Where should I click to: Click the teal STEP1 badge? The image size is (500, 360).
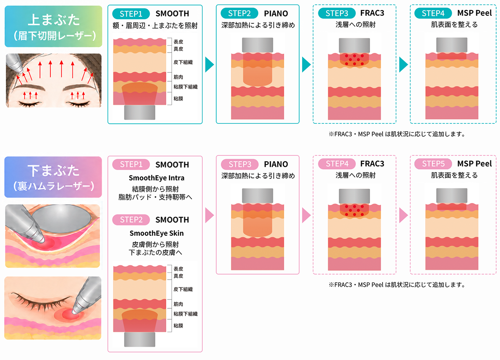point(131,14)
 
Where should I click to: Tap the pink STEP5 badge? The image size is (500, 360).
point(433,164)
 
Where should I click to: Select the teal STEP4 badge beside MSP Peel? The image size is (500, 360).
point(433,13)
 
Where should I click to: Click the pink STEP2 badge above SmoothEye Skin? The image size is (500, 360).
point(131,220)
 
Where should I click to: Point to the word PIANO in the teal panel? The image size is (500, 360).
point(276,14)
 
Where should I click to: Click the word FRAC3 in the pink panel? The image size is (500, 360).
point(372,164)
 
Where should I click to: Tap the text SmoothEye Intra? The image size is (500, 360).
point(157,178)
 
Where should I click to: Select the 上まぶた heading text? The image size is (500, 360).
point(54,20)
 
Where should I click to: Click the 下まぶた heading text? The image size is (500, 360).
point(54,171)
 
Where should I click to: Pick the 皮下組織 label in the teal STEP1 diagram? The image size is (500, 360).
point(183,62)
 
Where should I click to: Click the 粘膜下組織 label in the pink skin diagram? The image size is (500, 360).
point(185,314)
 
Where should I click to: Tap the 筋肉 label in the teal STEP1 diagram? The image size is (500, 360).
point(178,77)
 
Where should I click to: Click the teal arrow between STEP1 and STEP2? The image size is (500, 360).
point(209,65)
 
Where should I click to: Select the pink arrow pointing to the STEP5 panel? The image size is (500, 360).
point(403,215)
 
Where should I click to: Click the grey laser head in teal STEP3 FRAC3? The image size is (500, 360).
point(354,45)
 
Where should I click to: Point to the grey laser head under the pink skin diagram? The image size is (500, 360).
point(140,339)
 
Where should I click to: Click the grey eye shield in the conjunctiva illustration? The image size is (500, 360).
point(61,219)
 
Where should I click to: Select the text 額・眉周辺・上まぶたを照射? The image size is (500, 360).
point(155,26)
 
